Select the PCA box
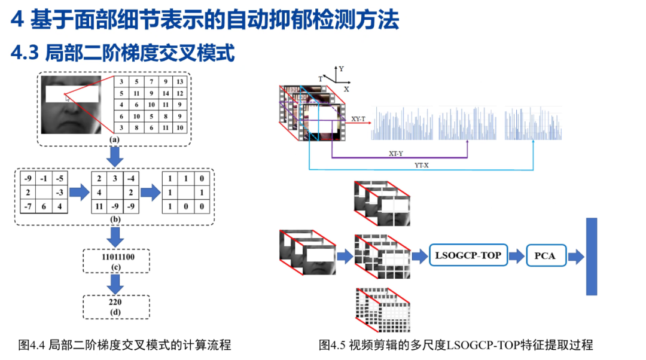(545, 256)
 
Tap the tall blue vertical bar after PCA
(591, 256)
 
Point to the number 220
(116, 302)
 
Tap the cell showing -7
(27, 206)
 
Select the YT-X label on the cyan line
(421, 165)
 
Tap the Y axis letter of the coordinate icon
(341, 69)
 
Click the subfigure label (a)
(114, 139)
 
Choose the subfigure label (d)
(116, 312)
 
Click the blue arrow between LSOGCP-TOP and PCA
(516, 256)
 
